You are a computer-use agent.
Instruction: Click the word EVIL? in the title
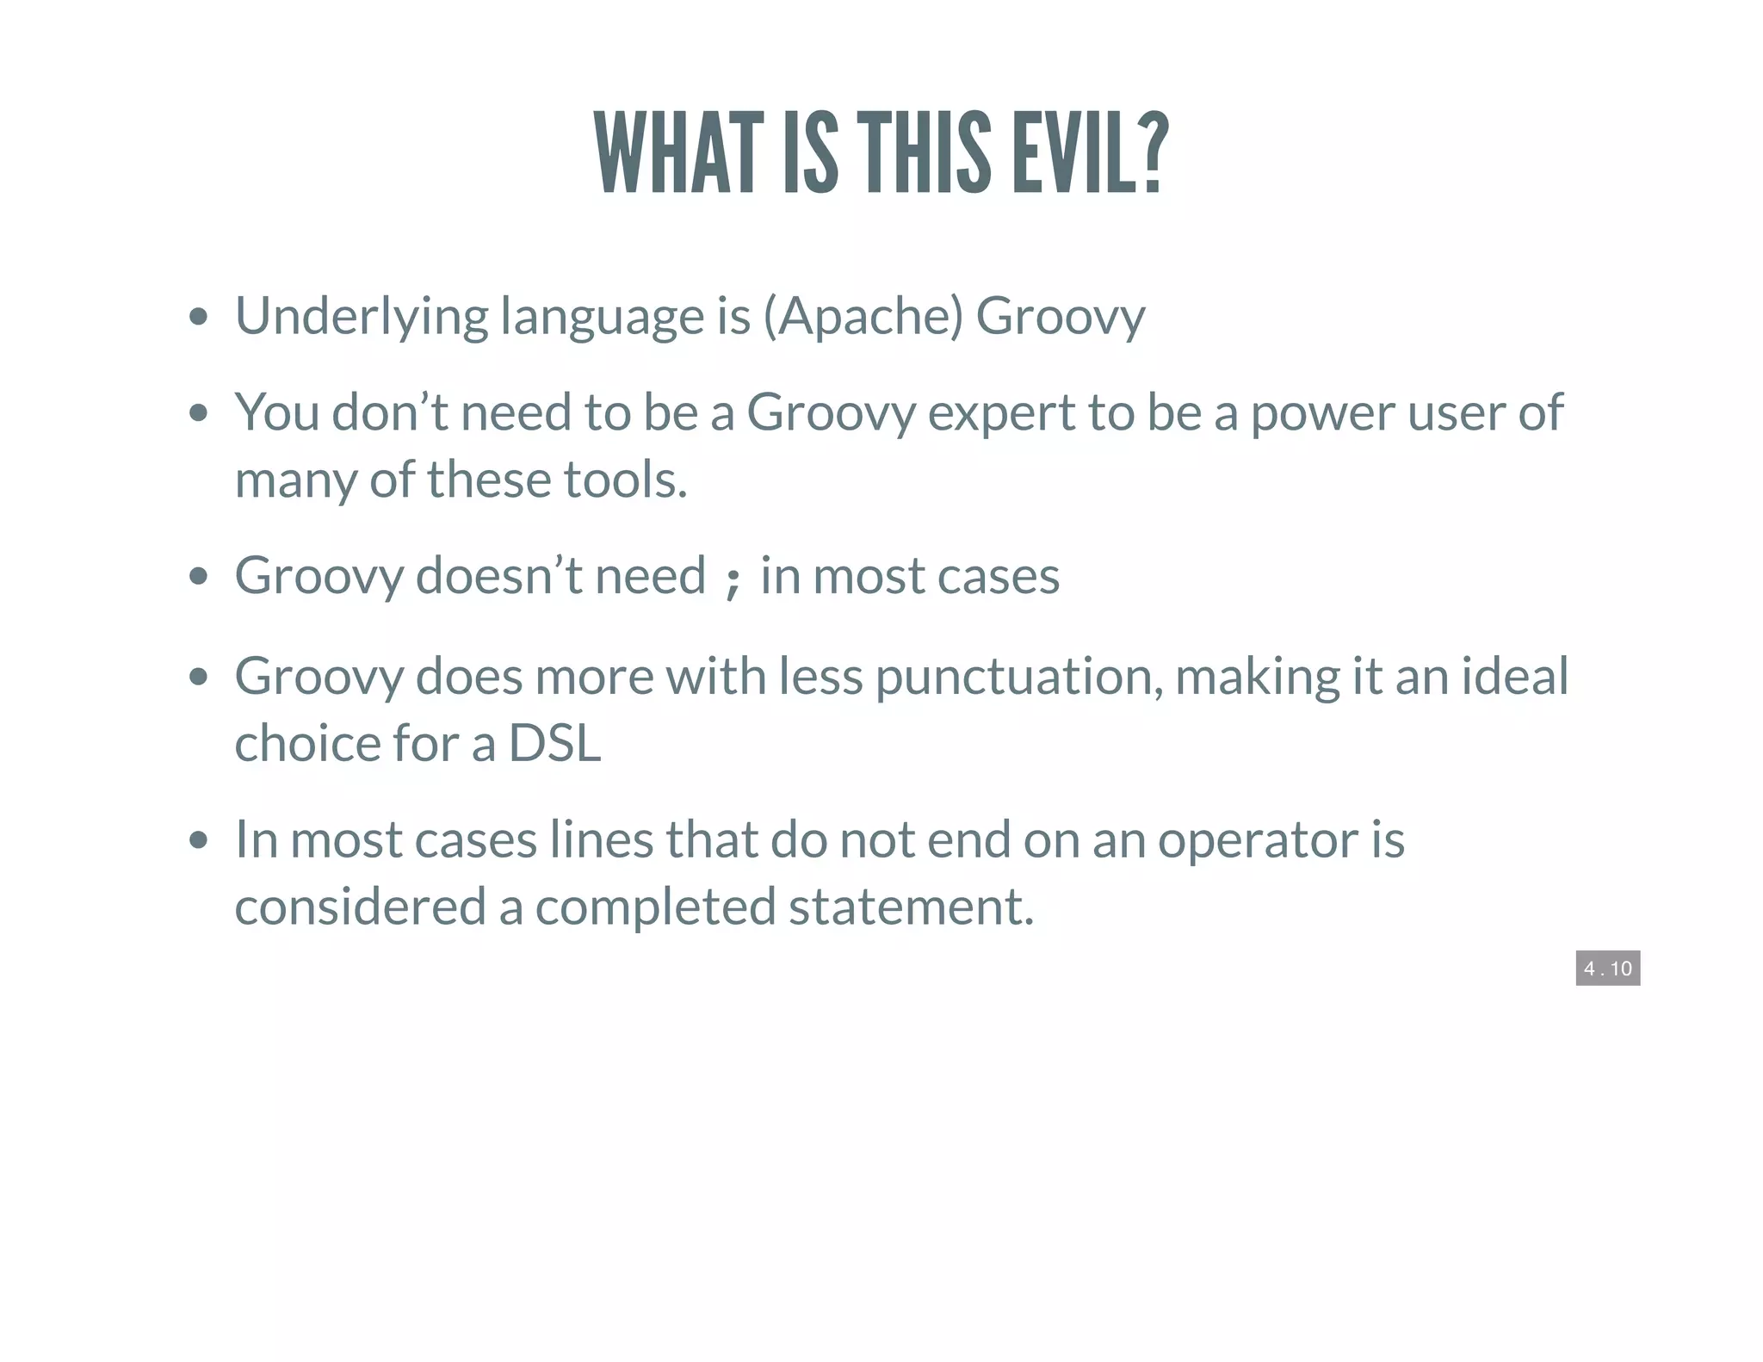1090,154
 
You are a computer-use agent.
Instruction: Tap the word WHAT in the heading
678,154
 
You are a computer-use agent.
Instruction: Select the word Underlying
361,317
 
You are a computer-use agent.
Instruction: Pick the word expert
1001,413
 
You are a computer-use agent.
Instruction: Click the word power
1322,413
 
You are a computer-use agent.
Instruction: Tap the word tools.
625,480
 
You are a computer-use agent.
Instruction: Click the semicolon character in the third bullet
732,581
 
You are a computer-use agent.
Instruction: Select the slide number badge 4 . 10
1607,969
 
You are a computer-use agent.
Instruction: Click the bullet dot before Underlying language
199,317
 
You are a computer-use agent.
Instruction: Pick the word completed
655,907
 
